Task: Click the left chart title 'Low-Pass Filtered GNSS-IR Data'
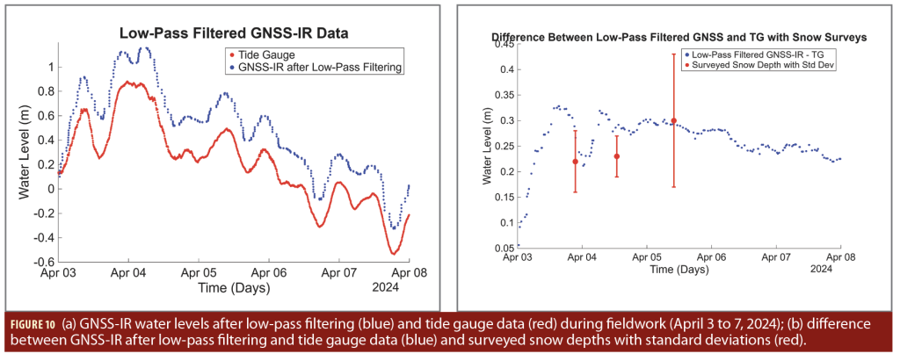235,34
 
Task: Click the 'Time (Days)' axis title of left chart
233,287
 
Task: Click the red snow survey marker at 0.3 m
674,120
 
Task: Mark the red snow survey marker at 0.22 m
575,162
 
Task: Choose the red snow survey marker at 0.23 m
616,156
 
